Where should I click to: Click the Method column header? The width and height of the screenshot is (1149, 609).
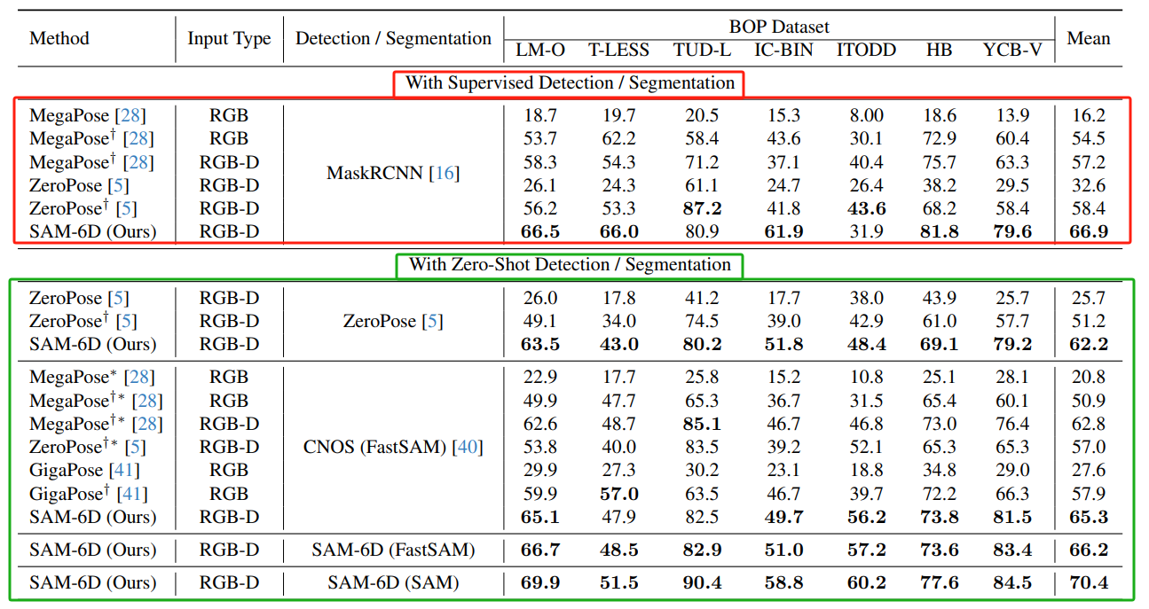coord(59,38)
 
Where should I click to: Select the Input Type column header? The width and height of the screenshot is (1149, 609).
coord(229,38)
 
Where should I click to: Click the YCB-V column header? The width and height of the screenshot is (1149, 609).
coord(1012,51)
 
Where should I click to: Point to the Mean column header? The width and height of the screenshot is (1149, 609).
coord(1088,38)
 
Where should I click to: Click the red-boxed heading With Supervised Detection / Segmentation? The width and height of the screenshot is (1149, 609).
coord(570,83)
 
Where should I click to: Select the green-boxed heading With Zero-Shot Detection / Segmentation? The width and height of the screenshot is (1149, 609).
coord(570,265)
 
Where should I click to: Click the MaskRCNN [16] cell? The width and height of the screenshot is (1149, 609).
coord(393,174)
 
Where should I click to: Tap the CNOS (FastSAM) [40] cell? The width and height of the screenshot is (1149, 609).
coord(393,447)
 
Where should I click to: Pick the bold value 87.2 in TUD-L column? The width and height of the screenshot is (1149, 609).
coord(702,209)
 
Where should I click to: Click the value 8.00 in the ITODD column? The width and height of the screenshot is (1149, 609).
coord(860,116)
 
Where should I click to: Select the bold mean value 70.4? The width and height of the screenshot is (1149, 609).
coord(1087,583)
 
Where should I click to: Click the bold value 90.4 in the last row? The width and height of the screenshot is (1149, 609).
coord(702,583)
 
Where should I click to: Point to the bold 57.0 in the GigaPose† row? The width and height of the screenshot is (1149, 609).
coord(618,494)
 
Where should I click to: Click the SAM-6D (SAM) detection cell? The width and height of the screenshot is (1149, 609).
coord(393,583)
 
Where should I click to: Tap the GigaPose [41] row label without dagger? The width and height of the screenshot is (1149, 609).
coord(84,471)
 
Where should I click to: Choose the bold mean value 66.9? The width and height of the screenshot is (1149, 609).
coord(1087,232)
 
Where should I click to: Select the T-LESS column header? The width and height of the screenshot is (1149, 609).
coord(618,51)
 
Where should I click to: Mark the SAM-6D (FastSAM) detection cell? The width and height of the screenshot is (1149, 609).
coord(393,550)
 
